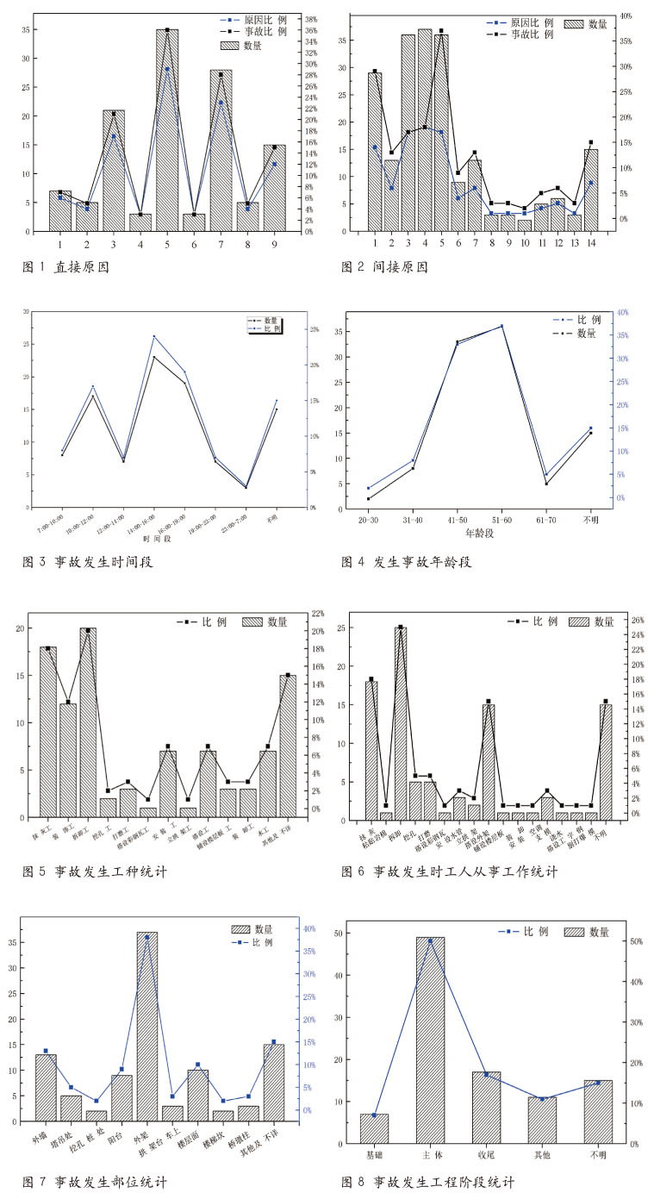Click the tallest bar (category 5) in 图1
(x=167, y=129)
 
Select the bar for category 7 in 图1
(x=221, y=151)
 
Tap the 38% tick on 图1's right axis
(x=312, y=18)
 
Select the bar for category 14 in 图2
(x=590, y=190)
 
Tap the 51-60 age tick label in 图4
(x=501, y=520)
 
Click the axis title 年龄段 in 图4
(x=480, y=534)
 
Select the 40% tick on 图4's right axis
(x=623, y=312)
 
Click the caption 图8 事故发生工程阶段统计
(x=428, y=1181)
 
